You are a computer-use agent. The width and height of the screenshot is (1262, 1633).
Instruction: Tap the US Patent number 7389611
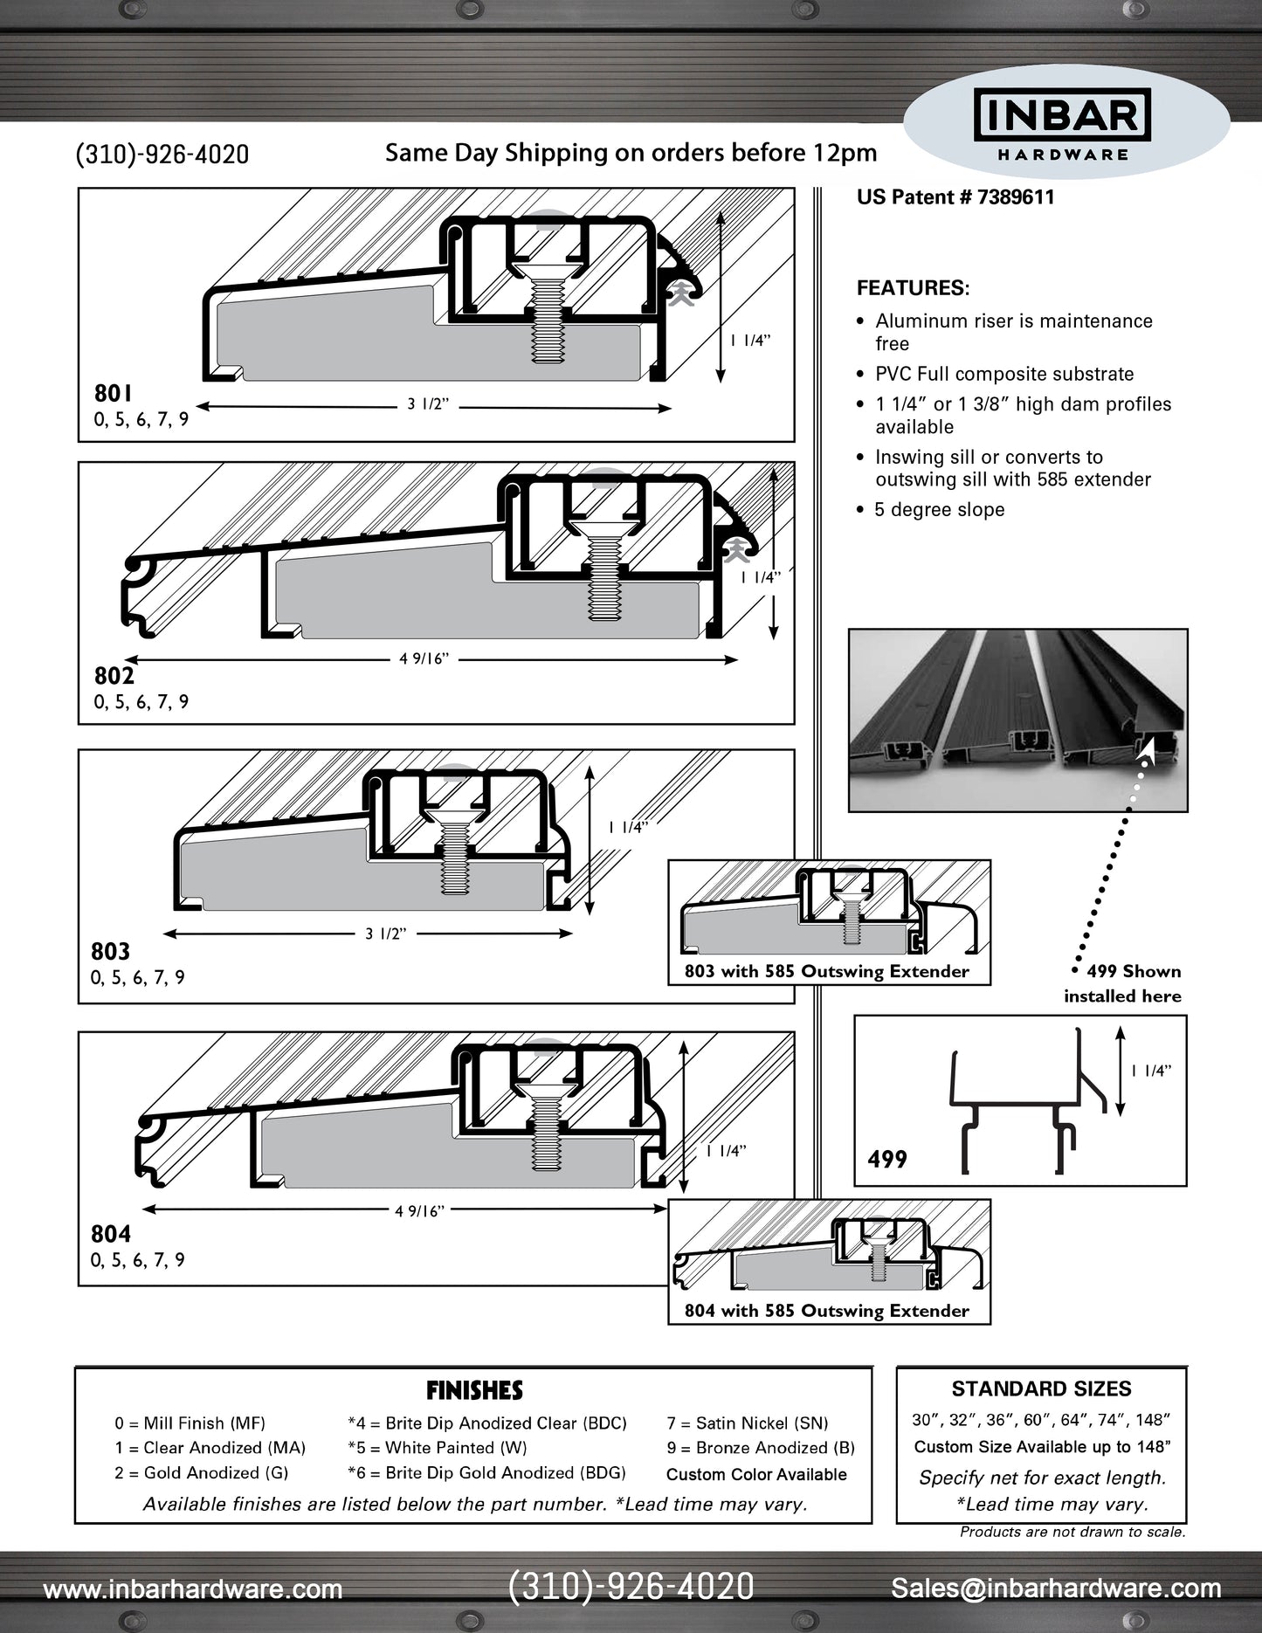955,197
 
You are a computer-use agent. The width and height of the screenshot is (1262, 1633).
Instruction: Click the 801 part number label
114,394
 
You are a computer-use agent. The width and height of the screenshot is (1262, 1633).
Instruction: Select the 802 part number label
114,676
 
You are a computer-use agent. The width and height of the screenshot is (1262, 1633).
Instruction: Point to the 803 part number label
110,951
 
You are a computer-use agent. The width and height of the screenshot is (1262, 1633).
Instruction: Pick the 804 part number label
111,1234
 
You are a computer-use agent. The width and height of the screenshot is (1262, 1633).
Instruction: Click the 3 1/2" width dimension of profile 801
428,404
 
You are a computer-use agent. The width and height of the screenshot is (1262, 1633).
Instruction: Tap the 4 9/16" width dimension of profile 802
424,659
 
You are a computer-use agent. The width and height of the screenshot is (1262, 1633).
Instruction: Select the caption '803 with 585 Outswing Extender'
827,971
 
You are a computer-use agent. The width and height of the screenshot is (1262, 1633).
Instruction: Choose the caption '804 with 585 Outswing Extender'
827,1311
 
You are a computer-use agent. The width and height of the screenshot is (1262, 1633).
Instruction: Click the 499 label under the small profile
887,1160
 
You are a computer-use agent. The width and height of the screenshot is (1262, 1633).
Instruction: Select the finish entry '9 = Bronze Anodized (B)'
761,1448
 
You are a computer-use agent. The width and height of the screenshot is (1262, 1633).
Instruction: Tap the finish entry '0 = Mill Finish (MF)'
190,1423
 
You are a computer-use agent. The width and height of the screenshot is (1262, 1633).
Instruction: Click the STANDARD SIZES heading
1041,1388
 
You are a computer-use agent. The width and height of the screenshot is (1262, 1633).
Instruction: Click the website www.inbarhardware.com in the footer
193,1589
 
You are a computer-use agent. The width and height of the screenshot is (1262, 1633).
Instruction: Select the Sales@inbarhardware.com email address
1056,1588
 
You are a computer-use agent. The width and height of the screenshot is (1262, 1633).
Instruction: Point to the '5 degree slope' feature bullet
939,510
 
